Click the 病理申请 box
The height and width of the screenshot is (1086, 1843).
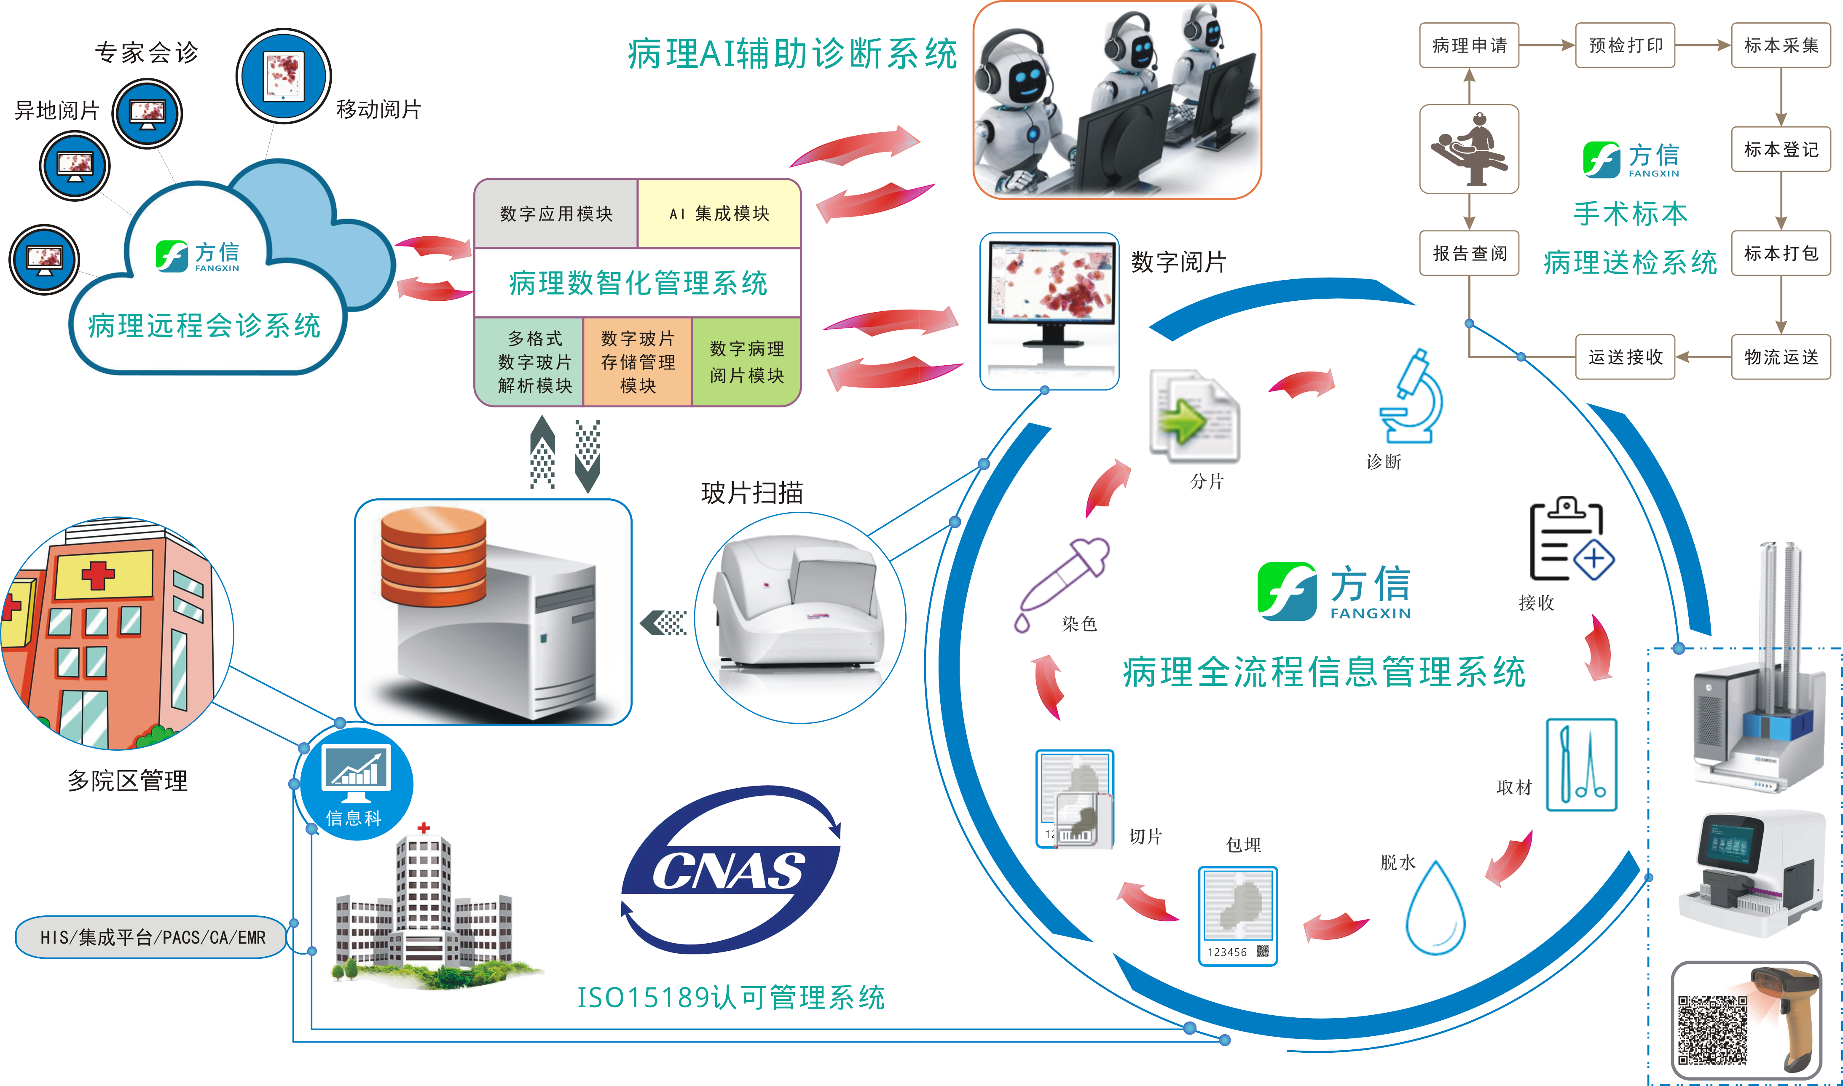click(1469, 45)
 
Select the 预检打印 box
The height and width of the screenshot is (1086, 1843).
click(1625, 45)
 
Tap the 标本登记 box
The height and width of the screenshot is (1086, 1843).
click(1780, 149)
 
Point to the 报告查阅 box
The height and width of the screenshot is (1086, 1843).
click(1469, 253)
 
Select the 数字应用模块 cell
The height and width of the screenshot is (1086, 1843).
click(556, 214)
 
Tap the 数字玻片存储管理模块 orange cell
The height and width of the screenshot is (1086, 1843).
click(638, 361)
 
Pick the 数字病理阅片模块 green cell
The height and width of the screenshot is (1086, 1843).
click(746, 361)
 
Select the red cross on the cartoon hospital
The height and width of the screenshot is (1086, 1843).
click(98, 575)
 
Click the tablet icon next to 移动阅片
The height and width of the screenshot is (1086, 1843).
click(283, 76)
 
